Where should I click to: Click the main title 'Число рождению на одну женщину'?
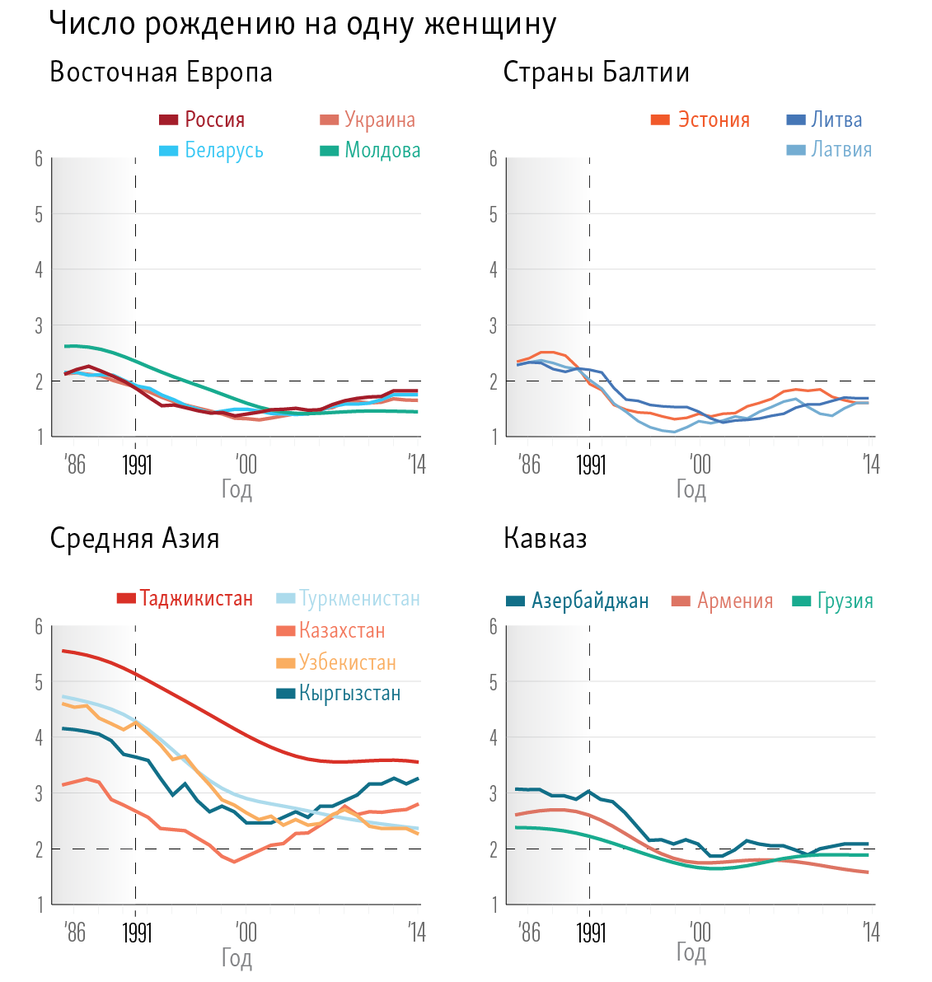tap(302, 24)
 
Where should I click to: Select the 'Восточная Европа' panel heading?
tap(161, 72)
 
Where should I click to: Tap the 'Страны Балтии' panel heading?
tap(596, 72)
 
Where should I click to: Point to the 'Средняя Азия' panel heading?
tap(134, 539)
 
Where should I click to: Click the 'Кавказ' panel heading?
tap(545, 539)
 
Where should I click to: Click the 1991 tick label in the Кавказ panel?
tap(590, 933)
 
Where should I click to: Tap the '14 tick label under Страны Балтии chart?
tap(871, 465)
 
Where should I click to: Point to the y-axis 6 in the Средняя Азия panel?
tap(39, 626)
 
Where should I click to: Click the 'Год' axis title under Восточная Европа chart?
tap(237, 490)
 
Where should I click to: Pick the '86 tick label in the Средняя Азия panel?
tap(74, 933)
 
